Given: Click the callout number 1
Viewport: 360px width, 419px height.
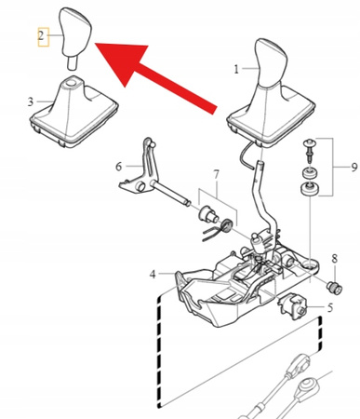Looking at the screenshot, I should tap(236, 69).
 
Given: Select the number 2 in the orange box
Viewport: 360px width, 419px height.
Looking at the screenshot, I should tap(41, 37).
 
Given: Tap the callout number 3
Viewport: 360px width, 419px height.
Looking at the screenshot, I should tap(31, 101).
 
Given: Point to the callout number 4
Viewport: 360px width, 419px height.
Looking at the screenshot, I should tap(153, 274).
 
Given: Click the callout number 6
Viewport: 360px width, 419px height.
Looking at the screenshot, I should tap(118, 167).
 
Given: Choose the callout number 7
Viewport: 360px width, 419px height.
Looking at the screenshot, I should tap(216, 175).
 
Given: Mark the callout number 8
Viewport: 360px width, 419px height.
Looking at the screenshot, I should tap(334, 258).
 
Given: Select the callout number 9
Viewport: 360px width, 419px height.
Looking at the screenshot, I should tap(352, 168).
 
